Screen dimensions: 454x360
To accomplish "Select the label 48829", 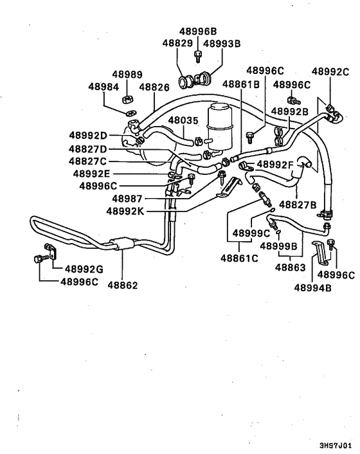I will pos(177,43).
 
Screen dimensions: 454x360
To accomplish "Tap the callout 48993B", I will pos(222,44).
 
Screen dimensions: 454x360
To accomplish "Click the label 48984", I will pos(104,86).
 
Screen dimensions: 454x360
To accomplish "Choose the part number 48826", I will pos(154,86).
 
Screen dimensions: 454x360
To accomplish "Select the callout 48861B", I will pos(241,84).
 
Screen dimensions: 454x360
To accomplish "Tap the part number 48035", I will pos(184,120).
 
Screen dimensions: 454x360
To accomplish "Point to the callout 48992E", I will pos(91,174).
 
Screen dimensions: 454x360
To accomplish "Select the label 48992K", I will pos(129,210).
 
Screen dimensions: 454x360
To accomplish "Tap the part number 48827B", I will pos(298,205).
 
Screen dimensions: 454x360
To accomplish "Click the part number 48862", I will pos(123,284).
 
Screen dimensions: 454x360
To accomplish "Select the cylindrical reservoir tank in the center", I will pos(220,125).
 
